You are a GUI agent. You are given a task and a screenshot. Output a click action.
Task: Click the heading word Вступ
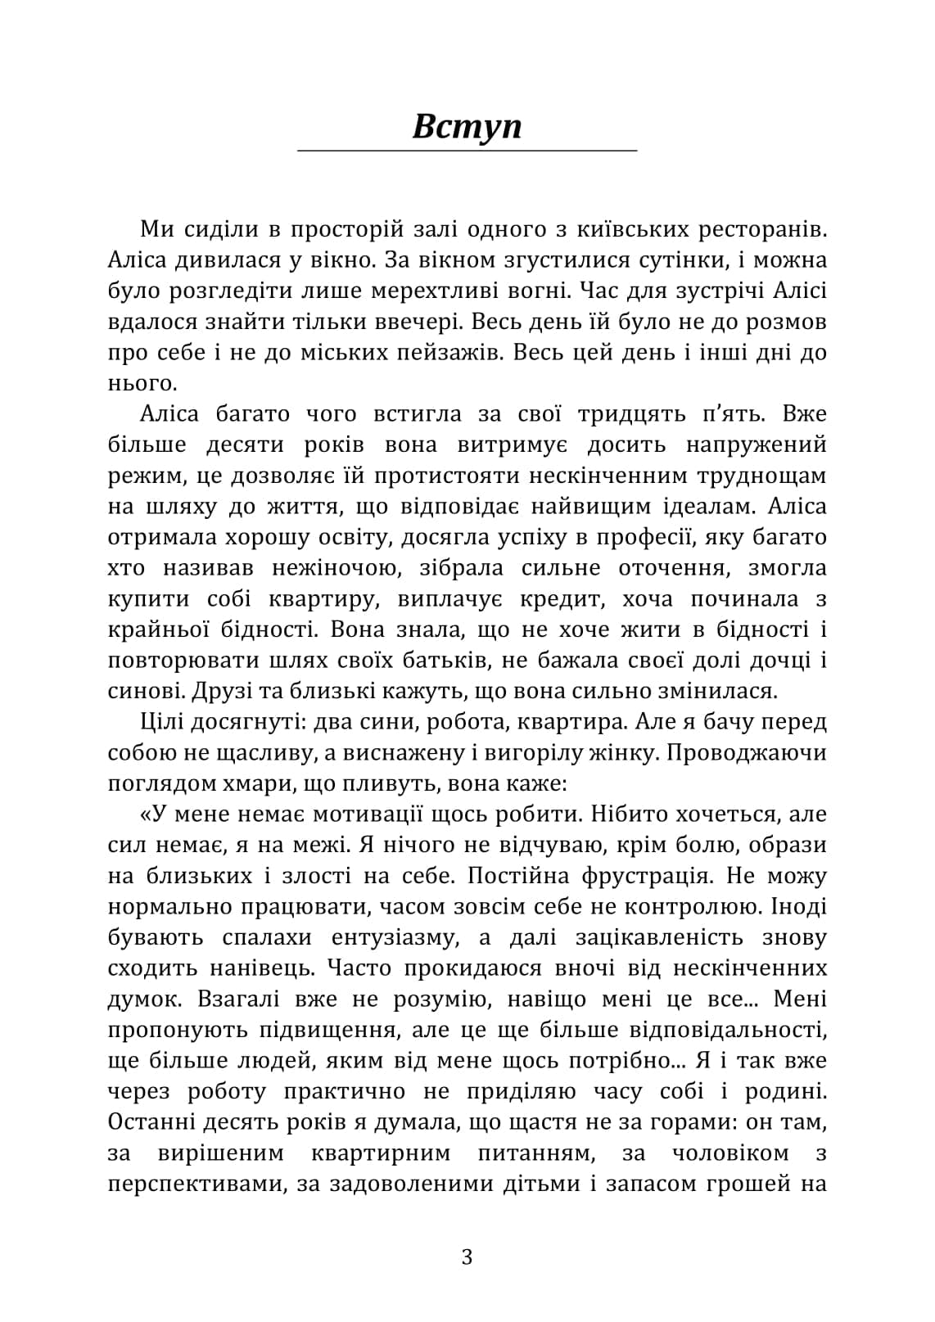pos(467,127)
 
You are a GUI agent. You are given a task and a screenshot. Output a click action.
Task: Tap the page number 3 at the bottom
pos(467,1257)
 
